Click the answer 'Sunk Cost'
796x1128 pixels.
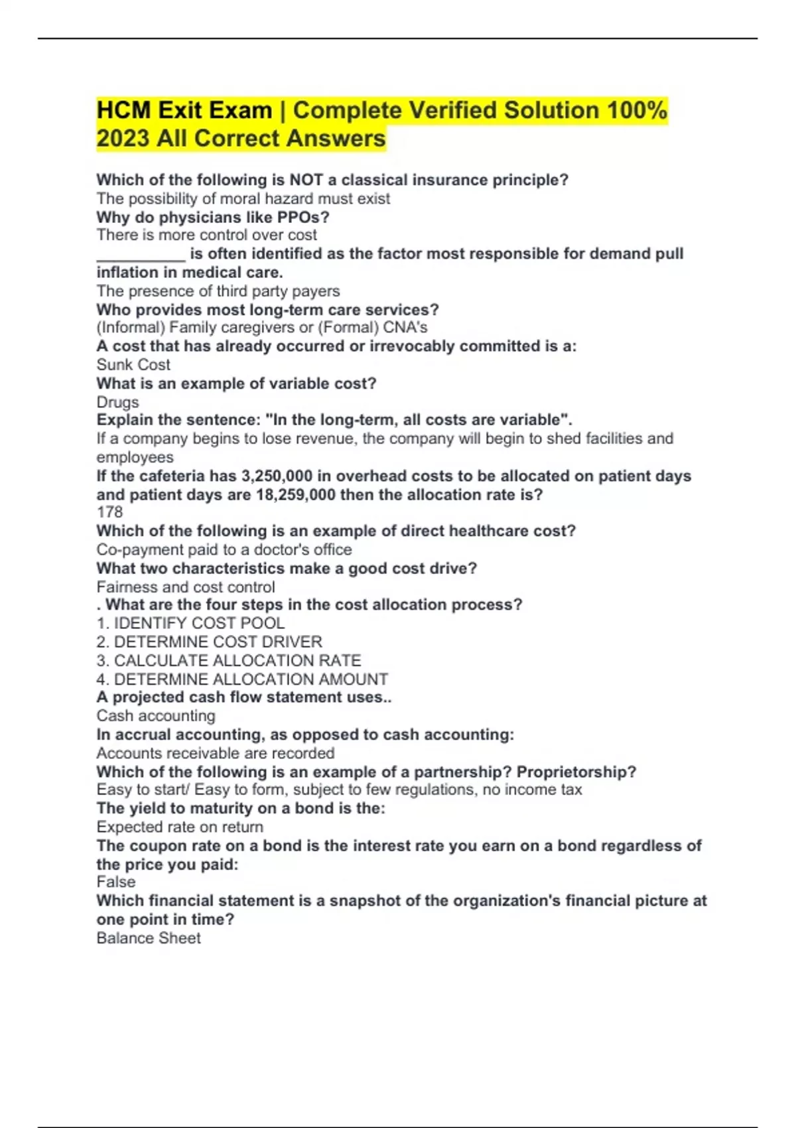pyautogui.click(x=133, y=365)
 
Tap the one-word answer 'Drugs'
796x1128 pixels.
pyautogui.click(x=117, y=402)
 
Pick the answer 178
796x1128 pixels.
pyautogui.click(x=109, y=512)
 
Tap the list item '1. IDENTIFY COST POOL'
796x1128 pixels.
pyautogui.click(x=190, y=624)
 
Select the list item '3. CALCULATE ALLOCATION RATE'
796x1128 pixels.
pyautogui.click(x=229, y=661)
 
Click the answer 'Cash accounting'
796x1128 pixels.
pyautogui.click(x=156, y=716)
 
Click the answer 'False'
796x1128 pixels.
pyautogui.click(x=116, y=882)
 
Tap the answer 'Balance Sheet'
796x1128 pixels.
pyautogui.click(x=149, y=938)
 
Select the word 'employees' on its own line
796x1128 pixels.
pyautogui.click(x=135, y=457)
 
